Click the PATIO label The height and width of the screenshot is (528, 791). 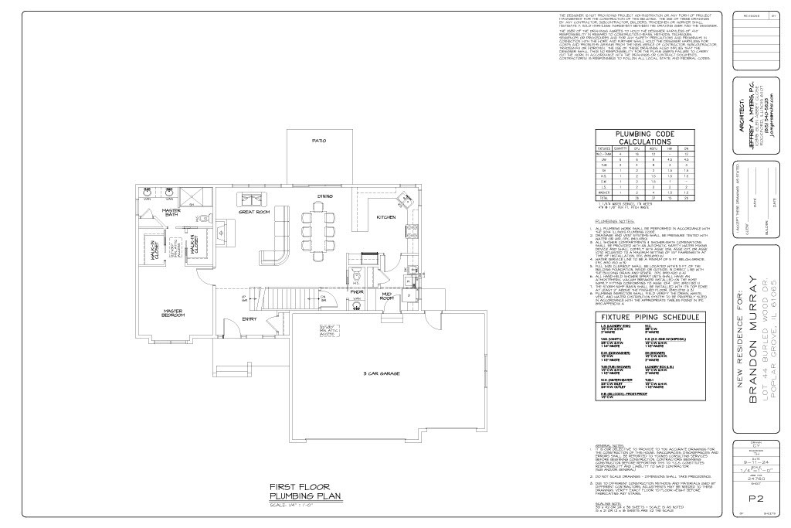317,141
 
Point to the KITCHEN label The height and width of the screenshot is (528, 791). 385,218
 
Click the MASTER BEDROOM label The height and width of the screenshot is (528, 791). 172,313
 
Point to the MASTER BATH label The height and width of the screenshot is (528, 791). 171,212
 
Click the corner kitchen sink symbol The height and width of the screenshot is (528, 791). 403,203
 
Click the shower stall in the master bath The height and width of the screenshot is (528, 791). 200,194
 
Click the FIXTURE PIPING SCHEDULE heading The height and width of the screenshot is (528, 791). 650,317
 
